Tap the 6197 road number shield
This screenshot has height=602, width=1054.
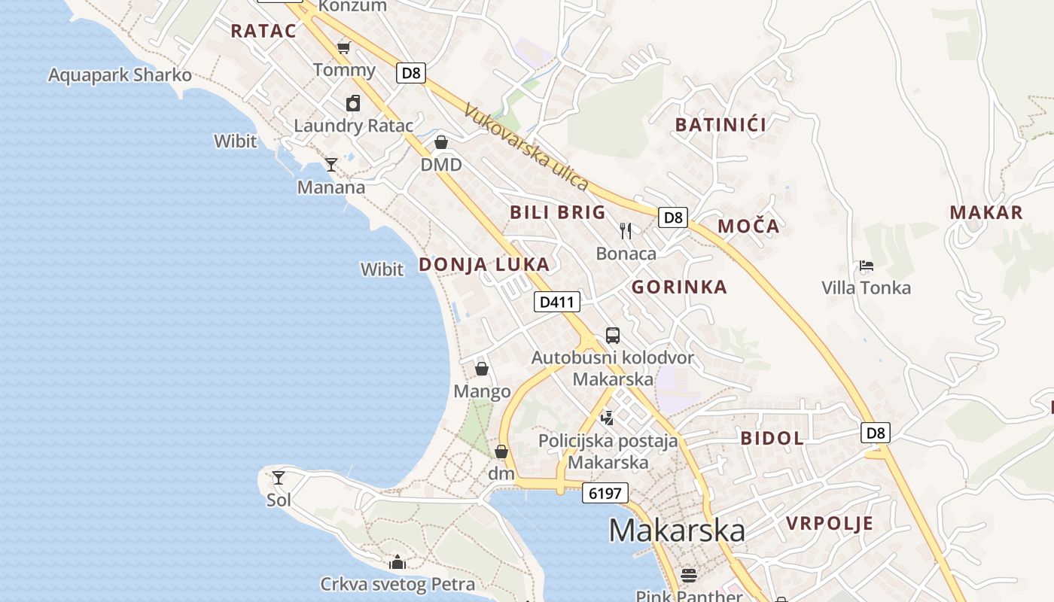click(605, 494)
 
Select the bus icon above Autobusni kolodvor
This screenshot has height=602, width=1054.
click(613, 336)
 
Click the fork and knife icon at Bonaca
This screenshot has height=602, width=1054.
click(626, 230)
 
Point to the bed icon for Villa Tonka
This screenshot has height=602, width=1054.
click(867, 266)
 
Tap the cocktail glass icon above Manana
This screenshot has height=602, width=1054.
click(331, 164)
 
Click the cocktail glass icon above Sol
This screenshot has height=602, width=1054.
click(279, 477)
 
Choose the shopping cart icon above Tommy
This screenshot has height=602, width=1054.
click(344, 48)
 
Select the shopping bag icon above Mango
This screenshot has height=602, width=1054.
click(482, 369)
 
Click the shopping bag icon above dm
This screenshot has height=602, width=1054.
click(501, 451)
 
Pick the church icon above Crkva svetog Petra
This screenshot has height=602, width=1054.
click(398, 562)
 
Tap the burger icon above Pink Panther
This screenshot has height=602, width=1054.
click(688, 576)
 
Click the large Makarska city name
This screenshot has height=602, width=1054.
click(677, 531)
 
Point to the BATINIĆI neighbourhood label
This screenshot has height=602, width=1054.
click(720, 125)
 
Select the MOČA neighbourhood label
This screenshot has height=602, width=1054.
click(748, 226)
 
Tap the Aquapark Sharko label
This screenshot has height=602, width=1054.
click(120, 75)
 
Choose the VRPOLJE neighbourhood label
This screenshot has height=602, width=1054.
click(830, 523)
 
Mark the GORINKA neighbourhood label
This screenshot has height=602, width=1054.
click(679, 287)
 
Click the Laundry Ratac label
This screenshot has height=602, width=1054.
click(354, 126)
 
